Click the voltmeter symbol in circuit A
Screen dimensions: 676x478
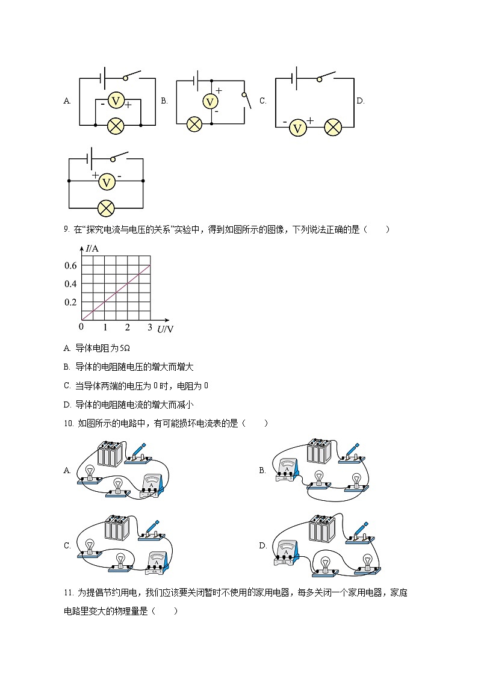tap(116, 101)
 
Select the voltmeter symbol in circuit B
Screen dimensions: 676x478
tap(210, 101)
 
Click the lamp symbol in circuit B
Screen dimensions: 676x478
tap(194, 124)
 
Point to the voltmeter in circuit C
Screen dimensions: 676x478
tap(296, 127)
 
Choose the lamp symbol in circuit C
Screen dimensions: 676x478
tap(332, 127)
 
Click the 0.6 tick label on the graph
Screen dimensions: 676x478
tap(70, 265)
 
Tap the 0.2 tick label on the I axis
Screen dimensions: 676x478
tap(70, 302)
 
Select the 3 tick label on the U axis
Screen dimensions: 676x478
tap(150, 327)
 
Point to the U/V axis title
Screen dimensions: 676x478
tap(165, 329)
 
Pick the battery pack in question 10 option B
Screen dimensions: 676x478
tap(318, 451)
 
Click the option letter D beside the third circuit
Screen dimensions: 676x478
tap(360, 101)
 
